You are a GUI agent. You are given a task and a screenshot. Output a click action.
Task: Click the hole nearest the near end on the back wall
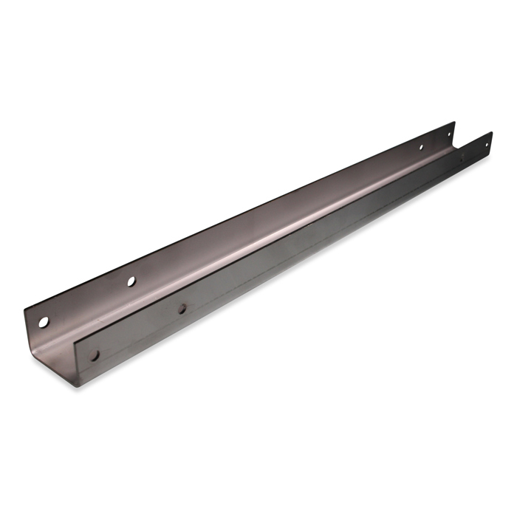point(44,322)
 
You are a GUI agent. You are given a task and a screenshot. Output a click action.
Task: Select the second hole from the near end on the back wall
point(131,281)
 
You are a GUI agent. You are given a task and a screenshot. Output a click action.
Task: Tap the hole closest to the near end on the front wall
point(95,356)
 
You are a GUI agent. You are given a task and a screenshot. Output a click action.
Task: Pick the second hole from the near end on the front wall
point(182,309)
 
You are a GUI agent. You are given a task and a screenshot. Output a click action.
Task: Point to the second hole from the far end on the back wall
point(421,146)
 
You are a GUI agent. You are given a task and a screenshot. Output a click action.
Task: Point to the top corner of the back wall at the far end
point(455,123)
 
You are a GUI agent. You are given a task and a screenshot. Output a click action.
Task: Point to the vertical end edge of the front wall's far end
point(492,142)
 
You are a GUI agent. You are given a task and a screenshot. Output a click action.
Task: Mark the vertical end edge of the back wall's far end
point(455,133)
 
